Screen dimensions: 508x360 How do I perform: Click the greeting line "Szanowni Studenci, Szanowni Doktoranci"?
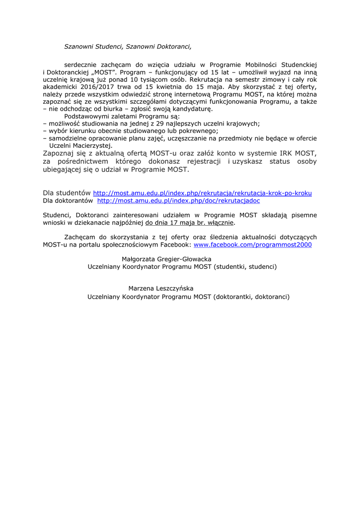point(128,47)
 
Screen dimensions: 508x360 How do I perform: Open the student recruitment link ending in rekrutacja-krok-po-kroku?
point(203,193)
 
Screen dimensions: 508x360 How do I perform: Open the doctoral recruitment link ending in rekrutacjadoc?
point(178,201)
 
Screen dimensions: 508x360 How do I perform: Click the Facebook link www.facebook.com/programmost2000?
point(253,245)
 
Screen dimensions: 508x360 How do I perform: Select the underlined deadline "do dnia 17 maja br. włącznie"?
point(190,223)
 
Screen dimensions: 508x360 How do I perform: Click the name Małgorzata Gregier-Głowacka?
point(166,259)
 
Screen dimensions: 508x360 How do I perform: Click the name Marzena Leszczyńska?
point(161,288)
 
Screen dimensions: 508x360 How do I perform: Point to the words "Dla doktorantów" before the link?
point(68,201)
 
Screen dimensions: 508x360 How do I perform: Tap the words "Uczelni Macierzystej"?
point(81,146)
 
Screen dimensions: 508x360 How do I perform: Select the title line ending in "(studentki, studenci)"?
point(182,267)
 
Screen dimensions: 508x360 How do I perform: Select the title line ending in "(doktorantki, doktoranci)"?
point(188,297)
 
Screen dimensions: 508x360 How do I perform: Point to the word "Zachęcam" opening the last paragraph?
point(80,237)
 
